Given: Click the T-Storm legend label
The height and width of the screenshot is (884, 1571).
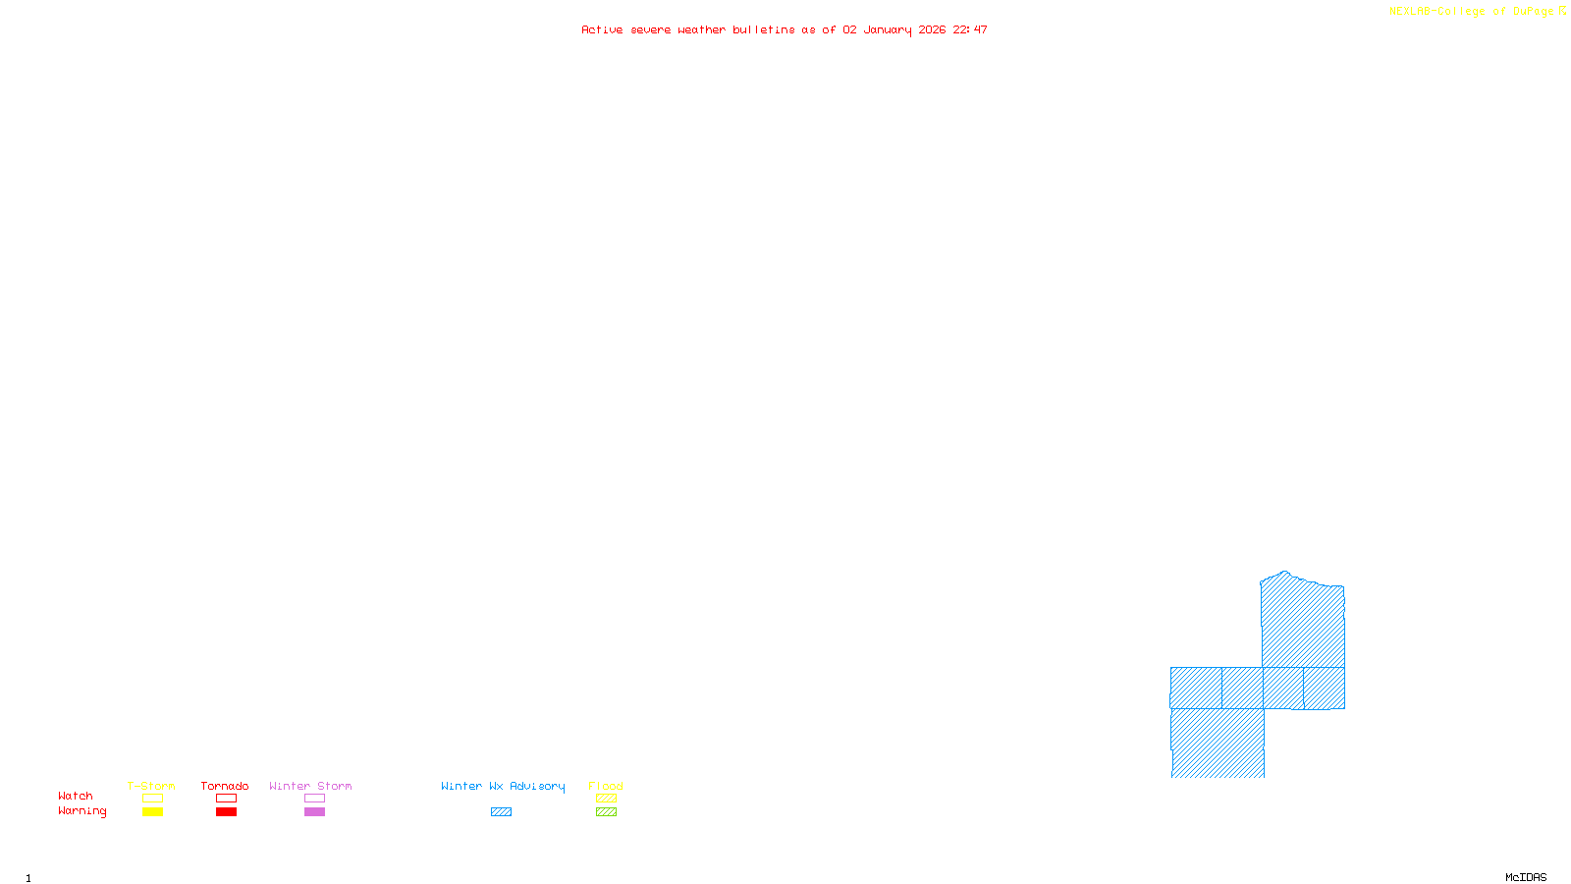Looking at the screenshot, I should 151,786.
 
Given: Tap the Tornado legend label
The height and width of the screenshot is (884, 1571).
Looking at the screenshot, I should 225,786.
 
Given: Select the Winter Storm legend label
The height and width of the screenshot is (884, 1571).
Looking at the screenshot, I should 310,786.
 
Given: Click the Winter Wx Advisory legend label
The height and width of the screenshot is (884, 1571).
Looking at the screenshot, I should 503,786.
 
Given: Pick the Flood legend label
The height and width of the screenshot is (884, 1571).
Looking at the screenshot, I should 606,786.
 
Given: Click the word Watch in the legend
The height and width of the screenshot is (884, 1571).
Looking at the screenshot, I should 76,796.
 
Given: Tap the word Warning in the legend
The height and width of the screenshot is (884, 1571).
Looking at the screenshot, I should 81,811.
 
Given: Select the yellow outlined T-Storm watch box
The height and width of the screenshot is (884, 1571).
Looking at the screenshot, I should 152,799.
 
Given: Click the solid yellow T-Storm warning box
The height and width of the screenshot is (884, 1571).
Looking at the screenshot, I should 152,812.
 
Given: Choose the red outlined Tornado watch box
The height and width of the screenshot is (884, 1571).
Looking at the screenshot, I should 226,799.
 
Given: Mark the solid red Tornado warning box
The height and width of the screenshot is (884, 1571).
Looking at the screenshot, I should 226,812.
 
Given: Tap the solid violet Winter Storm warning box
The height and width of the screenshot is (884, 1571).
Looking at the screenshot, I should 314,812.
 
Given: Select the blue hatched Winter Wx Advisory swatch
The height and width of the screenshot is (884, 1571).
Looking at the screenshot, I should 501,812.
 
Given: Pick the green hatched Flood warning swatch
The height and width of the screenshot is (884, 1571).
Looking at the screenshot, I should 606,812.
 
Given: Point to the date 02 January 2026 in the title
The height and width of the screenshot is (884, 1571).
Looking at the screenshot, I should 894,29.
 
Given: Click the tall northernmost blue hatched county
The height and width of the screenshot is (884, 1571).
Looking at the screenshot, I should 1303,624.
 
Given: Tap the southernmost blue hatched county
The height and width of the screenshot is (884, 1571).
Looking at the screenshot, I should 1218,744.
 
